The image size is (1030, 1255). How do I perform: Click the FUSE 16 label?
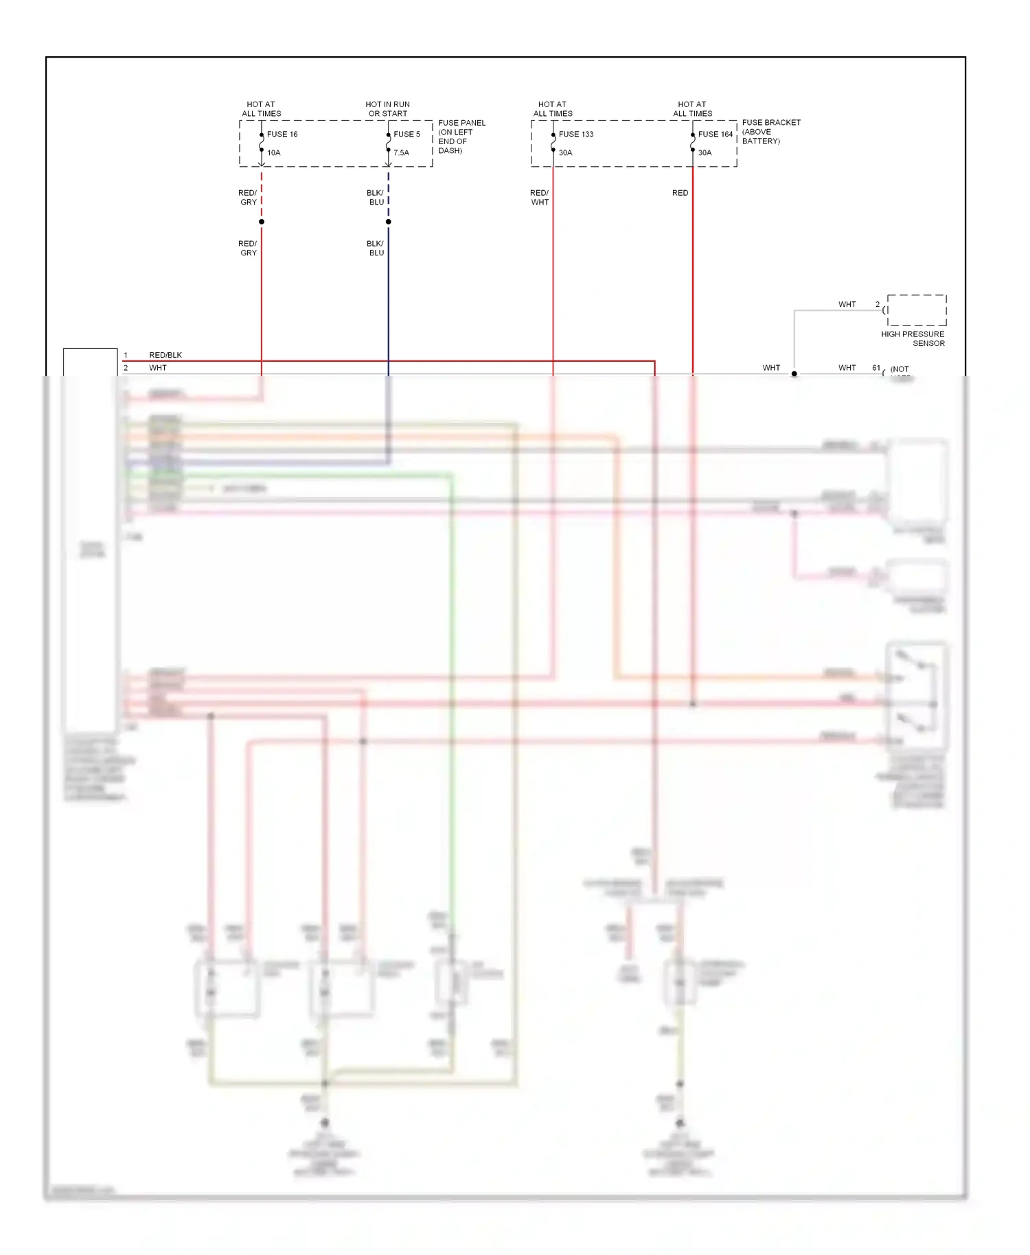pos(282,134)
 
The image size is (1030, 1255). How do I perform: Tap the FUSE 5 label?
pos(407,134)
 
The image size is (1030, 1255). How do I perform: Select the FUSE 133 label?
pos(575,134)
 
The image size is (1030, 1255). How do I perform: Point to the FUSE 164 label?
pos(715,134)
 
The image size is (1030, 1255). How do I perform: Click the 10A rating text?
pos(273,152)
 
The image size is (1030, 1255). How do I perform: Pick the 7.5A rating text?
pos(401,152)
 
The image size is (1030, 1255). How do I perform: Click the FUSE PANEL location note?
pos(461,137)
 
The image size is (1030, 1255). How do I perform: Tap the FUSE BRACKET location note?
pos(770,131)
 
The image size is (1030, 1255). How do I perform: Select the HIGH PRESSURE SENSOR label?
pos(913,338)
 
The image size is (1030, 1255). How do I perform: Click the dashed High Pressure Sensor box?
pos(917,310)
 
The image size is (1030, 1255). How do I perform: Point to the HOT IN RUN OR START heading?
pos(387,109)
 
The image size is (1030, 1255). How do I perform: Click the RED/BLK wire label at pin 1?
pos(165,355)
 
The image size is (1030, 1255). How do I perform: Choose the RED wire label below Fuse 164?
pos(680,193)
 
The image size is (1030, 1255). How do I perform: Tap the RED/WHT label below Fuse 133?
pos(539,198)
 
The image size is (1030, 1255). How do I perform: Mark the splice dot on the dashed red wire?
pos(262,222)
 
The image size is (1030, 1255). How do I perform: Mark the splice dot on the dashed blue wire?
pos(389,222)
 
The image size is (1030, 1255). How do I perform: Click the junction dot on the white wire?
pos(794,374)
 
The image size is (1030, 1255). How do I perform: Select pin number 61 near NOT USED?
pos(876,368)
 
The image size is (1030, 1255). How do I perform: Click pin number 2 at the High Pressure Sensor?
pos(877,304)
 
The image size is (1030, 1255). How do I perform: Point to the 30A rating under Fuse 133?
pos(565,152)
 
